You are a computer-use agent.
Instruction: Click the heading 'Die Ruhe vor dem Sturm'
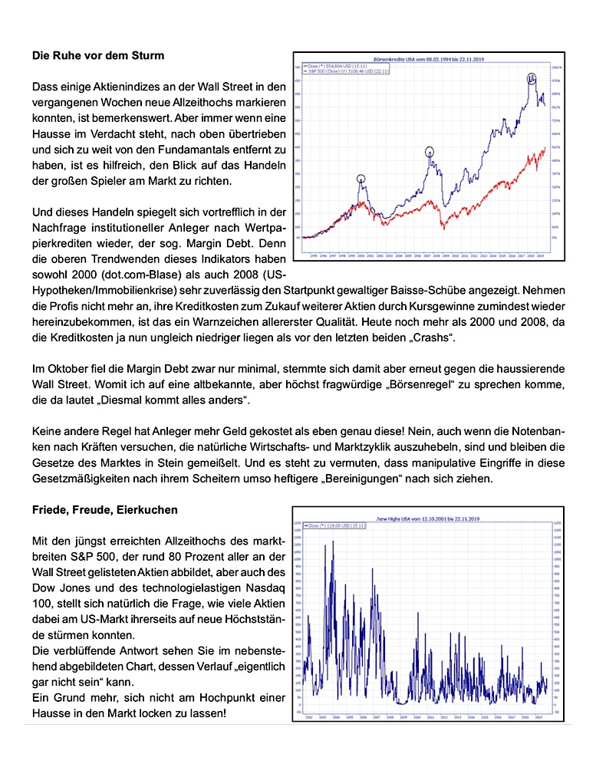[97, 55]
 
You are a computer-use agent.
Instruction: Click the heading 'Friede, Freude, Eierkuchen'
[104, 510]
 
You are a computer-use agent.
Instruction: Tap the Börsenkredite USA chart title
[426, 58]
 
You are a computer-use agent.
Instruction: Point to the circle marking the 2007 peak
[430, 152]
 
